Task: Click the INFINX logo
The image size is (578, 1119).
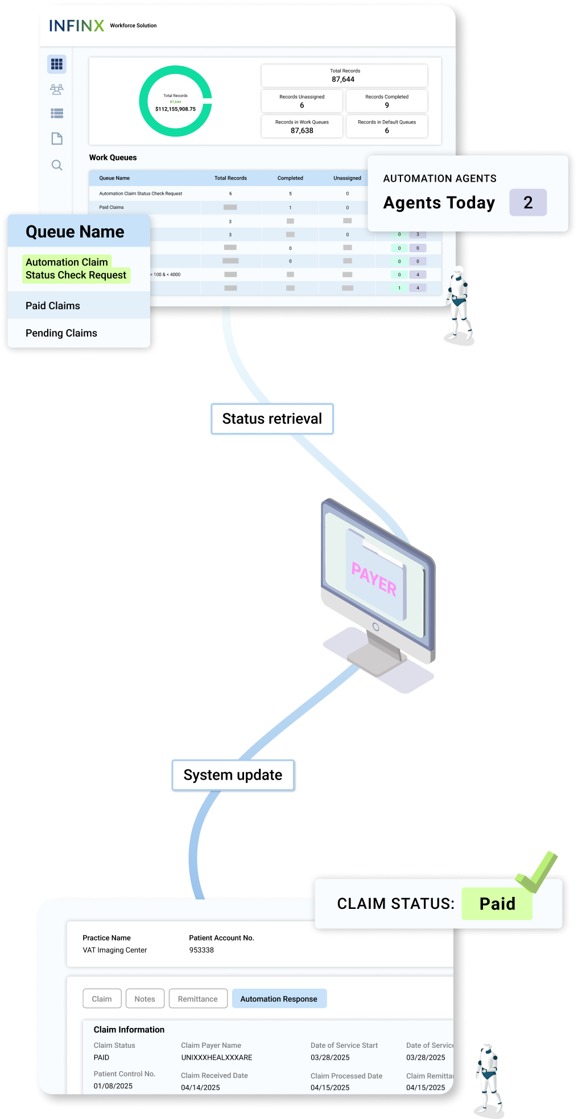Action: [x=76, y=26]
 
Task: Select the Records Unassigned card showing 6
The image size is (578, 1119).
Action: [x=302, y=101]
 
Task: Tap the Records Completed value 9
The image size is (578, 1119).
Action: [x=387, y=105]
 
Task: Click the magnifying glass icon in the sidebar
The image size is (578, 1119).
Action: [x=57, y=165]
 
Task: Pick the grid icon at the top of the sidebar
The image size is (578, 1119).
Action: [x=57, y=64]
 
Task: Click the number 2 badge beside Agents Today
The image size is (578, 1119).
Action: [x=528, y=203]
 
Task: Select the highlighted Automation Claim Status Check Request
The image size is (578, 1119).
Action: [x=76, y=269]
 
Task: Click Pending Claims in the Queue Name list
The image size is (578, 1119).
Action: [x=61, y=333]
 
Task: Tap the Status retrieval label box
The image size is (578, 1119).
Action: [x=272, y=419]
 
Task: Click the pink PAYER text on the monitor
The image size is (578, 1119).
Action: [x=374, y=579]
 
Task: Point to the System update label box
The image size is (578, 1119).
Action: [x=233, y=775]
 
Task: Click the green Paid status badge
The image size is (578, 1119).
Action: [x=497, y=904]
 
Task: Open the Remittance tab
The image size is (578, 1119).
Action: [x=197, y=999]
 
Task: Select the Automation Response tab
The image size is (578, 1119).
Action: [x=279, y=999]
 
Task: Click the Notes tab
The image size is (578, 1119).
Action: [x=144, y=999]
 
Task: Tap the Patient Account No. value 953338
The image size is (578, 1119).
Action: [x=201, y=950]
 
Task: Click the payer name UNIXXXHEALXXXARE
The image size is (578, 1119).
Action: [x=216, y=1057]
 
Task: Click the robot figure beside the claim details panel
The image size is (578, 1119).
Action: [x=489, y=1073]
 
